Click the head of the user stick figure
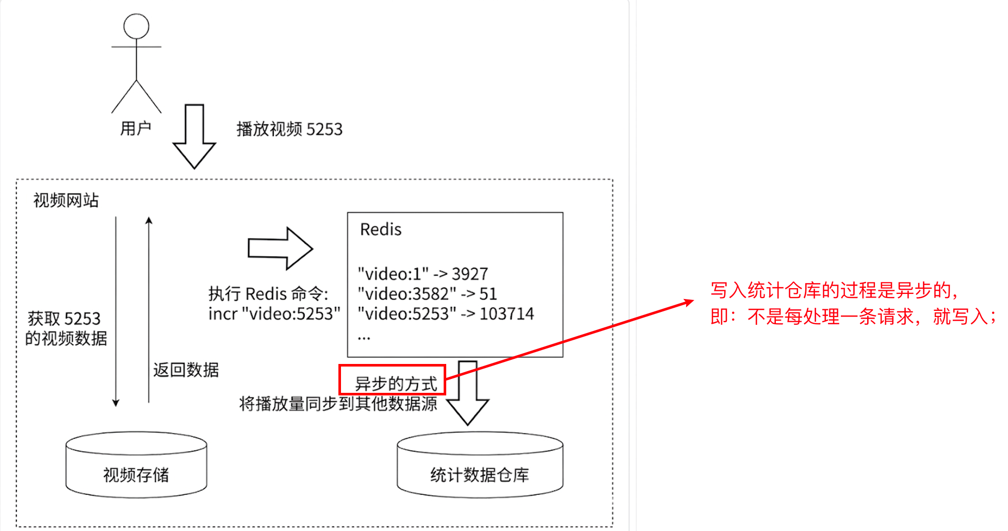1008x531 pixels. [x=136, y=26]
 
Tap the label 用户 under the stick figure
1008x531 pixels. [x=136, y=128]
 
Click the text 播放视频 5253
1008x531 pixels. [x=289, y=129]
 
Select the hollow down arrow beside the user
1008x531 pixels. [x=194, y=137]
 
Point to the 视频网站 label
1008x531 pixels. [x=66, y=200]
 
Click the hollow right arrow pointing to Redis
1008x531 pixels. [x=280, y=248]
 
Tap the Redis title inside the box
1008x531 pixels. [x=381, y=229]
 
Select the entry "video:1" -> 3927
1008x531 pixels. [x=422, y=273]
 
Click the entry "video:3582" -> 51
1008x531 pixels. [x=427, y=293]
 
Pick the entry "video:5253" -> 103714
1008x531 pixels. [x=446, y=313]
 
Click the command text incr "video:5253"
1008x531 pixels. [x=274, y=313]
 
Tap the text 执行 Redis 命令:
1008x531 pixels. [x=268, y=293]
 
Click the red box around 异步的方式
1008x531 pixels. [x=392, y=379]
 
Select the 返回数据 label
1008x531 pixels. [x=186, y=370]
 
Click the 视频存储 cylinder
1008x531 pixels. [x=136, y=466]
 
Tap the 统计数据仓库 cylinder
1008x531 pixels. [x=480, y=466]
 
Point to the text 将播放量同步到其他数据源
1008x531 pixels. [x=338, y=404]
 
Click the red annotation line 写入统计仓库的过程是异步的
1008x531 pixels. [x=834, y=290]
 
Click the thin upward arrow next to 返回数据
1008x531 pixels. [x=149, y=309]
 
